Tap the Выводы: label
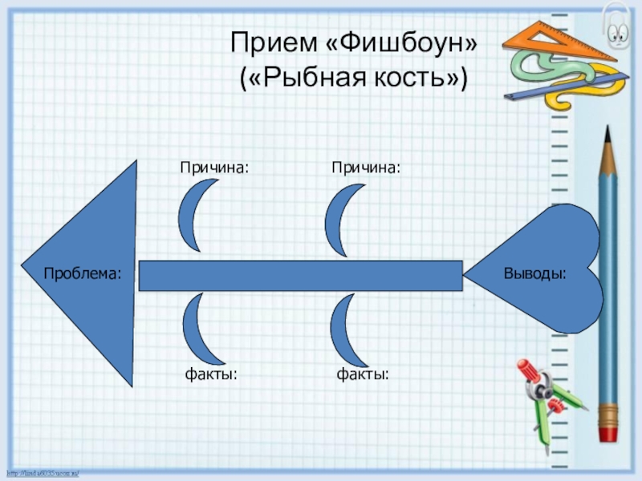[x=534, y=273]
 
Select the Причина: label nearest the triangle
[x=213, y=167]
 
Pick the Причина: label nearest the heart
[x=366, y=167]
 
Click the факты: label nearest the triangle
[x=212, y=373]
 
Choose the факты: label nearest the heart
[x=363, y=373]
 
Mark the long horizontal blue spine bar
[x=301, y=275]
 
